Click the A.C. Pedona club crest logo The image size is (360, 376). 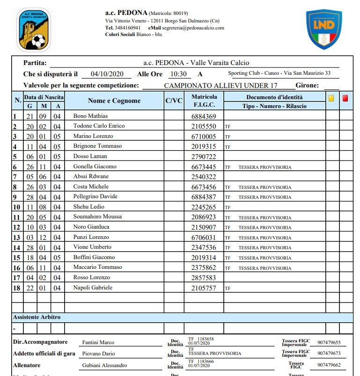pyautogui.click(x=34, y=30)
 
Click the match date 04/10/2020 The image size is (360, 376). pyautogui.click(x=107, y=74)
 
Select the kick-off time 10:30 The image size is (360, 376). pyautogui.click(x=178, y=74)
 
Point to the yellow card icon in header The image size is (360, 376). pyautogui.click(x=331, y=98)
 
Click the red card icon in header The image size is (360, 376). pyautogui.click(x=345, y=98)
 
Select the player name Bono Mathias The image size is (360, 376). pyautogui.click(x=90, y=116)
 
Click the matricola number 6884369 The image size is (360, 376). pyautogui.click(x=204, y=116)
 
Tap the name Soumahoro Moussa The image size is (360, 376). pyautogui.click(x=97, y=217)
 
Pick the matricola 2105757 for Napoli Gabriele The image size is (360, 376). pyautogui.click(x=204, y=288)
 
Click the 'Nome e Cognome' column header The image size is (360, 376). pyautogui.click(x=114, y=101)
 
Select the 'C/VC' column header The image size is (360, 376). pyautogui.click(x=174, y=101)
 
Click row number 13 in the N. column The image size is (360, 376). pyautogui.click(x=16, y=238)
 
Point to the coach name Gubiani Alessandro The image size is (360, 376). pyautogui.click(x=104, y=365)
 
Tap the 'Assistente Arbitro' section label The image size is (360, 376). pyautogui.click(x=37, y=317)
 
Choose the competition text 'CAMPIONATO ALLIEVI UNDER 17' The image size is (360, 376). pyautogui.click(x=220, y=86)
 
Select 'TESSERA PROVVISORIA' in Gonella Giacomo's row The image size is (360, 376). pyautogui.click(x=264, y=167)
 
